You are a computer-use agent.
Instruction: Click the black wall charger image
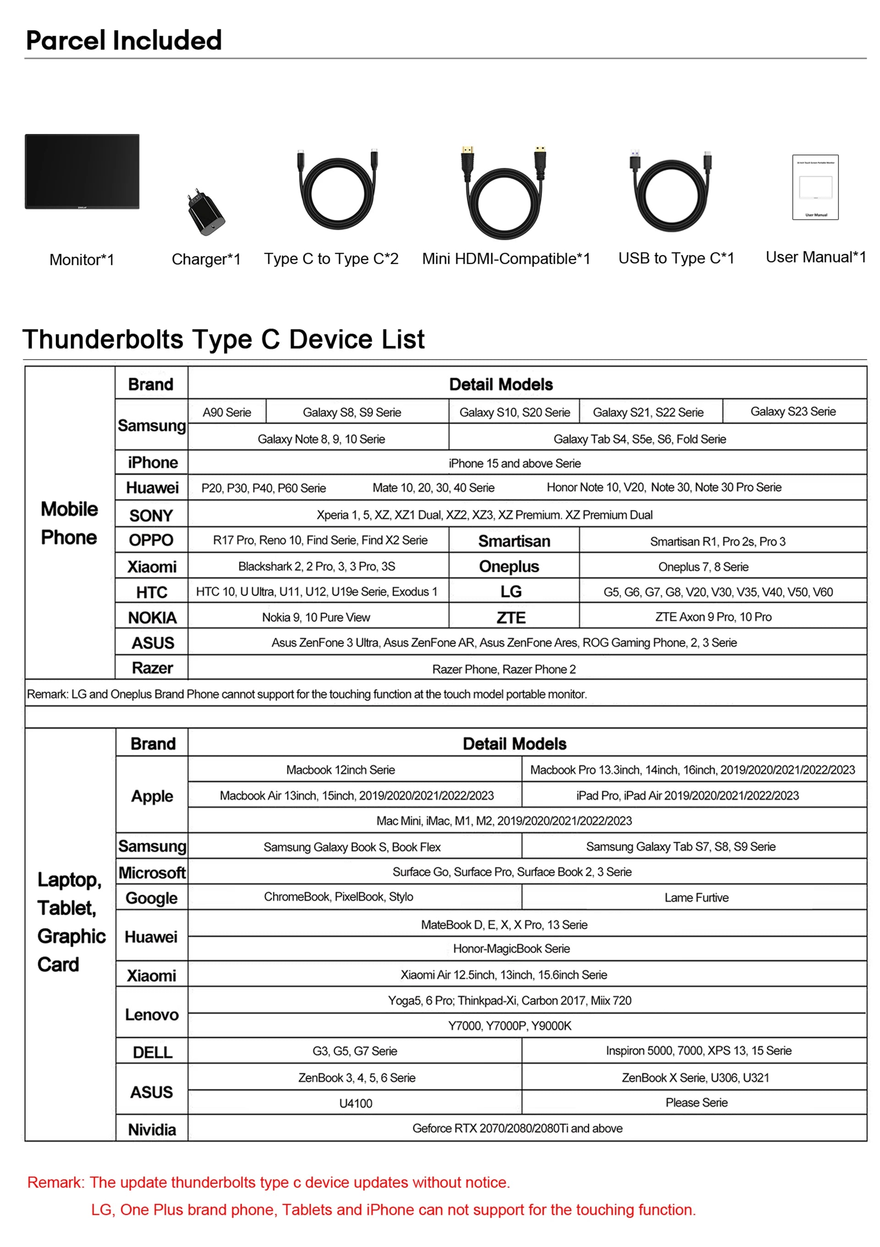206,212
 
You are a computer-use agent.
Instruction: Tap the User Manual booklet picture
815,188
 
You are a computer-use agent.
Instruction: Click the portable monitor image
82,171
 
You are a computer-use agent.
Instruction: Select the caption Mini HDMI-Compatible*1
506,259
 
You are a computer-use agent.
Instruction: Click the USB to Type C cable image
671,191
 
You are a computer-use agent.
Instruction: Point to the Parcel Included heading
124,40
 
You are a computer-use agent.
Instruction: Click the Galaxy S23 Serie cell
792,412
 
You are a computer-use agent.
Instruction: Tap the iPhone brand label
153,462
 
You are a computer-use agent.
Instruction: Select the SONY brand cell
151,515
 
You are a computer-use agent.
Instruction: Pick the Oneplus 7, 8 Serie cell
703,567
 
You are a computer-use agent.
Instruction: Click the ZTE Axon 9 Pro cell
713,617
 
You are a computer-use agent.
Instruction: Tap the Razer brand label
152,668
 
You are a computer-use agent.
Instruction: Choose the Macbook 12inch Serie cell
341,770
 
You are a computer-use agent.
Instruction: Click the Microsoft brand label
152,873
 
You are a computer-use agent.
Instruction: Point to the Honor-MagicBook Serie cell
511,949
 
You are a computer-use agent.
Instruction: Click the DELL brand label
153,1052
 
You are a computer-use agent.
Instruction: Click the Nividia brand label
152,1130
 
